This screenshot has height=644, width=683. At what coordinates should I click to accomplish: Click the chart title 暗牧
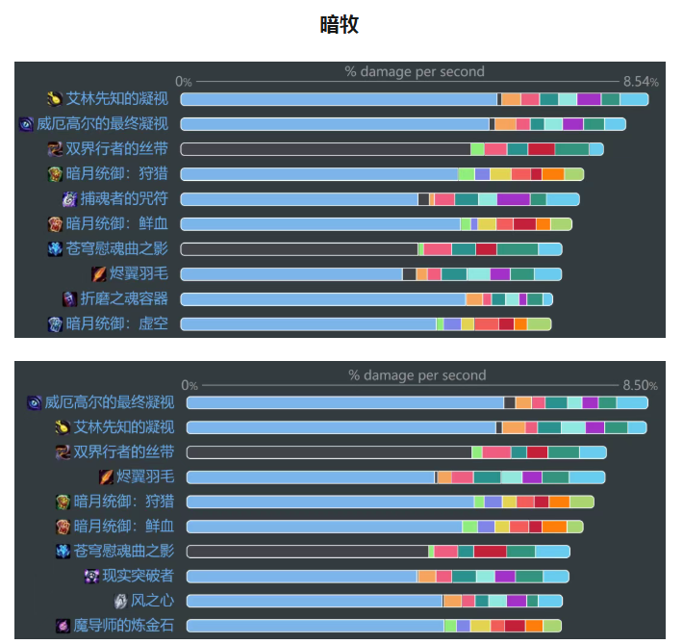pos(341,25)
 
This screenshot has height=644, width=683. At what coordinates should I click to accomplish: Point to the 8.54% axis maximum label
pos(640,81)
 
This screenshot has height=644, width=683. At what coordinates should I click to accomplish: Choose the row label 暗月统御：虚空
pos(117,324)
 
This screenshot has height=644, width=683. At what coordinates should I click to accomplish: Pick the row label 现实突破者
pos(139,576)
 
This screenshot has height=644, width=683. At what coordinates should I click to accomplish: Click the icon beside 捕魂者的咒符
pos(69,199)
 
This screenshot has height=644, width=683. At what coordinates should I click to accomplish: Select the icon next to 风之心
pos(121,601)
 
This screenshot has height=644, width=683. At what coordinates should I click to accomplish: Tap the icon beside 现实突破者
pos(92,576)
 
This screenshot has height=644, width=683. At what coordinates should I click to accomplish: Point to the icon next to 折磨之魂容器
pos(69,299)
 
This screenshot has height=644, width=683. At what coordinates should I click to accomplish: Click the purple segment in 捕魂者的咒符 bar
pos(513,199)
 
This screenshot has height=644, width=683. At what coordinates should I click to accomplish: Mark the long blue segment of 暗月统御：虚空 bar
pos(308,324)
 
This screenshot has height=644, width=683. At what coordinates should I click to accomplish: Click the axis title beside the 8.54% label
pos(415,71)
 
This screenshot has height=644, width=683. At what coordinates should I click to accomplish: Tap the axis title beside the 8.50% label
pos(417,374)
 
